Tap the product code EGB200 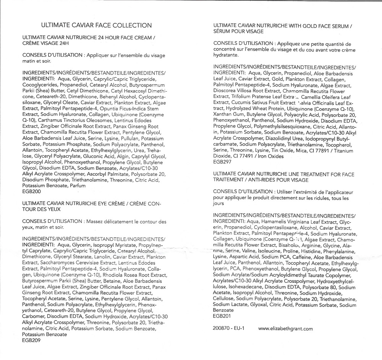[32, 191]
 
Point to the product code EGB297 [223, 162]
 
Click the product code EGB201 [223, 316]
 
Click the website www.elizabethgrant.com [286, 329]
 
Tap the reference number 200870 [222, 329]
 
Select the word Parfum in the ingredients [78, 186]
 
